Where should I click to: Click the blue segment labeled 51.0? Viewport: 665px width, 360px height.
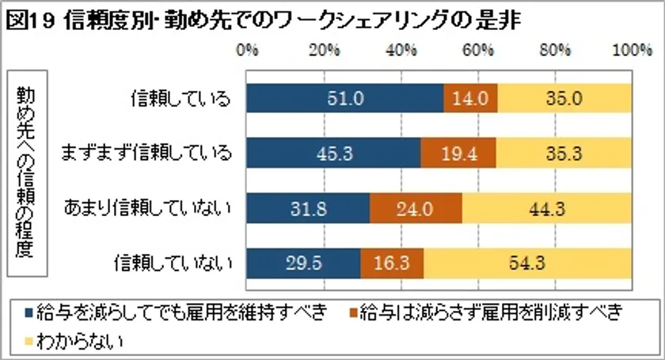(344, 99)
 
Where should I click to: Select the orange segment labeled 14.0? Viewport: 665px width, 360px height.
(470, 99)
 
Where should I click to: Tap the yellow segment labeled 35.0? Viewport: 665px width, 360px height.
(564, 99)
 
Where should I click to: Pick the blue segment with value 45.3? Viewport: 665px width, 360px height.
(333, 153)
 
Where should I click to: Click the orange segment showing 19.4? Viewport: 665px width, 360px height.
(458, 153)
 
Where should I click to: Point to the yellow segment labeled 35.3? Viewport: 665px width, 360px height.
(564, 153)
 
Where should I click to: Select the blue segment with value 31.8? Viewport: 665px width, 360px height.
(308, 208)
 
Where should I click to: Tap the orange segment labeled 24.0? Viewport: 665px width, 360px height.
(416, 208)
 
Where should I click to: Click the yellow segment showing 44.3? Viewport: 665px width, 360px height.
(547, 208)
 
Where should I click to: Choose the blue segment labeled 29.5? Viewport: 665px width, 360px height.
(303, 263)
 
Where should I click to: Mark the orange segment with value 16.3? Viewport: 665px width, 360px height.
(392, 263)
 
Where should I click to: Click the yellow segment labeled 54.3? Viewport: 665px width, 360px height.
(527, 263)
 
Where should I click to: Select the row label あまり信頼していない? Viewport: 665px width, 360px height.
(147, 208)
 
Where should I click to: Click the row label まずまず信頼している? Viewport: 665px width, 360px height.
(147, 153)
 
